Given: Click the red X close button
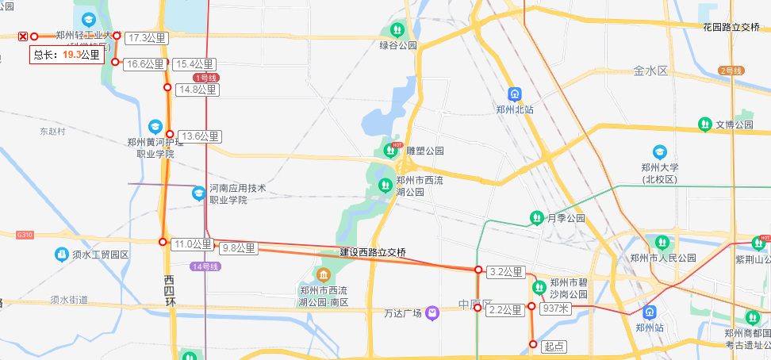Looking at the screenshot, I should click(x=23, y=36).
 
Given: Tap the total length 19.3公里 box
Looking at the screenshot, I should click(x=68, y=55).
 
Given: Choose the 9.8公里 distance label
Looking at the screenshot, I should click(x=238, y=248).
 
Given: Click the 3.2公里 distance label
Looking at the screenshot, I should click(x=505, y=272).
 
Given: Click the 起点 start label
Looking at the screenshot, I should click(x=554, y=346).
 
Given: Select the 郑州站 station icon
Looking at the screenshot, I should click(x=650, y=312).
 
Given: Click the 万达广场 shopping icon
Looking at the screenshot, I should click(x=432, y=313).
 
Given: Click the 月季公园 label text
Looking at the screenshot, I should click(x=566, y=218).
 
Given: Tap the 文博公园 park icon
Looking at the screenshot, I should click(x=704, y=124).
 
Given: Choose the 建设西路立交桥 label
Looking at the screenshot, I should click(x=373, y=252).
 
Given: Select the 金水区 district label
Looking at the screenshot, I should click(x=651, y=71).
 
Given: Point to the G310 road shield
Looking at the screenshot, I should click(x=24, y=235).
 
